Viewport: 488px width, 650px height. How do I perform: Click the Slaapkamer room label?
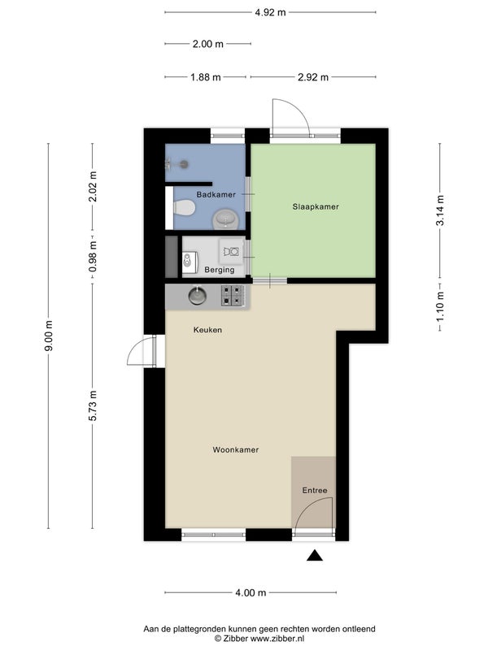click(316, 206)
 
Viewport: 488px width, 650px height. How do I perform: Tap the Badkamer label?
click(216, 194)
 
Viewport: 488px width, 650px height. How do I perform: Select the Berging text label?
click(219, 270)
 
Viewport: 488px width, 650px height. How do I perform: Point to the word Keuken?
click(207, 330)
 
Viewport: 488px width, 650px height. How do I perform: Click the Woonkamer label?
click(236, 450)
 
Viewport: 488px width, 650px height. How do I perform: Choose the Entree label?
click(315, 491)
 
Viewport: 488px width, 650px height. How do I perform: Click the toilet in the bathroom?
click(184, 208)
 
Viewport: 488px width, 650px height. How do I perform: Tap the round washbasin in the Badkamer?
click(225, 219)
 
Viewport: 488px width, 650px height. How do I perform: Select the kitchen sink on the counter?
click(198, 295)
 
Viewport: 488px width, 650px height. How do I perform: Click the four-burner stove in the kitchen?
click(232, 296)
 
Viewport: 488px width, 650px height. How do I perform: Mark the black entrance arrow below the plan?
click(315, 556)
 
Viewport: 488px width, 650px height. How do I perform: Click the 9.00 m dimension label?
click(49, 336)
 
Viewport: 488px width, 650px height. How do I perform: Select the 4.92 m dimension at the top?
click(270, 12)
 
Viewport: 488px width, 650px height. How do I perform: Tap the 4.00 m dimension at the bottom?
click(251, 593)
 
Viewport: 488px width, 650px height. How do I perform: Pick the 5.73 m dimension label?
click(93, 405)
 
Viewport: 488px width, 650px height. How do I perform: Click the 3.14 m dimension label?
click(440, 210)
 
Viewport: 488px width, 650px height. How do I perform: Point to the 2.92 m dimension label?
click(313, 77)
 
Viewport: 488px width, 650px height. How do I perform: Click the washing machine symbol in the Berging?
click(231, 251)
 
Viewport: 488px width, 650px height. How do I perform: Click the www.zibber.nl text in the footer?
click(277, 639)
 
